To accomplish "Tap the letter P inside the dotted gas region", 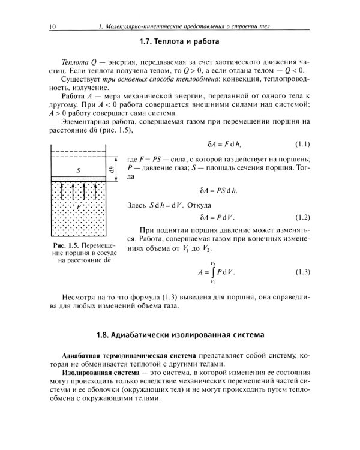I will point(78,205).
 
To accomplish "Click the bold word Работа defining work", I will point(76,97).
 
